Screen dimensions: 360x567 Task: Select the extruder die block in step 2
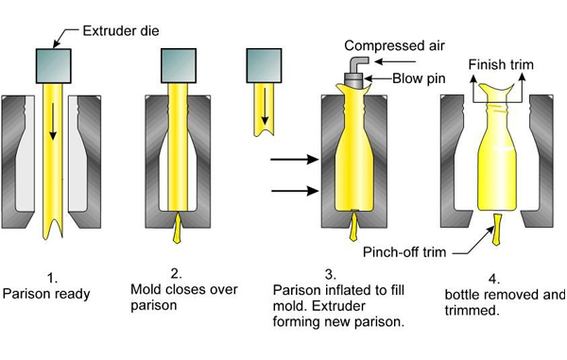[x=180, y=66]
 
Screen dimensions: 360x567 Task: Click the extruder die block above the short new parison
[x=265, y=66]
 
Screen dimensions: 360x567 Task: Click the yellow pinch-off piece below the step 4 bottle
[x=496, y=231]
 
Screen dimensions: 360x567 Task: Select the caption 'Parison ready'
[x=46, y=294]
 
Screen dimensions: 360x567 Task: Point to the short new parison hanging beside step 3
[x=265, y=112]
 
